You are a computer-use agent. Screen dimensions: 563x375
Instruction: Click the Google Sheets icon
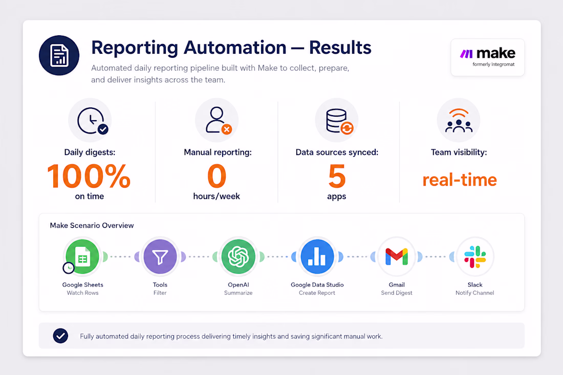point(82,257)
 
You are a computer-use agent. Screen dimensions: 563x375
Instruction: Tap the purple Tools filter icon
point(160,257)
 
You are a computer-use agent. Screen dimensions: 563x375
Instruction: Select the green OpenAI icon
point(239,257)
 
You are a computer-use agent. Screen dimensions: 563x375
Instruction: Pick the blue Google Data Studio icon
point(317,257)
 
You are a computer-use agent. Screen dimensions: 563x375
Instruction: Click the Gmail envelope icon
point(396,257)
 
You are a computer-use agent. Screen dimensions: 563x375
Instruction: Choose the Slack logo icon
point(475,257)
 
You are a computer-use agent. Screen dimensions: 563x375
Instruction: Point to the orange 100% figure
point(89,176)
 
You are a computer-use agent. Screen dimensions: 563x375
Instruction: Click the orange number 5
point(337,176)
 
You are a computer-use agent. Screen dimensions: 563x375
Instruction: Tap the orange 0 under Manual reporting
point(217,176)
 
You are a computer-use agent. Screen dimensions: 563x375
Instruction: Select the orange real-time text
point(460,180)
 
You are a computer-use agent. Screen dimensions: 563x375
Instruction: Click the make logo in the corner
point(488,57)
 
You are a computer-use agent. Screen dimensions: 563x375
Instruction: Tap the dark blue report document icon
point(59,55)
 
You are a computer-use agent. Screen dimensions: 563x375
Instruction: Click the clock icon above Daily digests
point(92,121)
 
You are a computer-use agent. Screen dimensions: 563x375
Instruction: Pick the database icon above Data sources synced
point(339,121)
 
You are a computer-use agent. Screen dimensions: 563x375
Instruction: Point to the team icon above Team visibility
point(459,121)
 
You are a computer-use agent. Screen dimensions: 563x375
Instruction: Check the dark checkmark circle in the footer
point(61,336)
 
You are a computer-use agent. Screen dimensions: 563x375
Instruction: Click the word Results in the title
point(340,48)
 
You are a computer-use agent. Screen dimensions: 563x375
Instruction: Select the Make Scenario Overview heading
point(92,226)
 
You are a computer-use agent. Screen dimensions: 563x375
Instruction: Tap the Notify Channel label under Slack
point(474,293)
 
